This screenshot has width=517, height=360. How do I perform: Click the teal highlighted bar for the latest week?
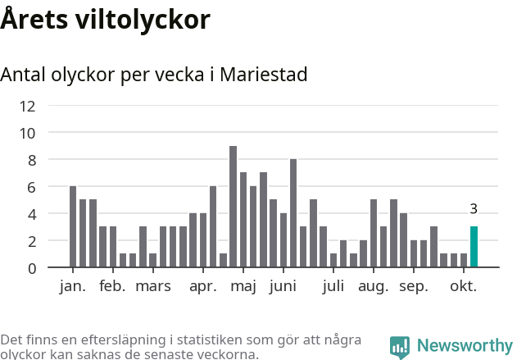(474, 247)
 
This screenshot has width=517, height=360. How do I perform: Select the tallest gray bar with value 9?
(233, 207)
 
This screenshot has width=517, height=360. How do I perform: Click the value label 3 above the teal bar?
(474, 209)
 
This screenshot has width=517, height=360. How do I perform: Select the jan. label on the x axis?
(72, 286)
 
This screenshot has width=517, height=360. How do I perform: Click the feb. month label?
(112, 286)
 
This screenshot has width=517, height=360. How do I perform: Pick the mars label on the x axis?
(153, 286)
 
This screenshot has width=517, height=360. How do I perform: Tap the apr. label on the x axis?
(202, 286)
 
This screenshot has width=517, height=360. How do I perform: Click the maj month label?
(243, 286)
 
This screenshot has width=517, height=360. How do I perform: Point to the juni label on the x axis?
(283, 286)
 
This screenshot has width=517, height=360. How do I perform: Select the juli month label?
(333, 286)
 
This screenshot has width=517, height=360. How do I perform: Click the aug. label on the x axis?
(373, 286)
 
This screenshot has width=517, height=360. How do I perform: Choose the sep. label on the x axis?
(414, 286)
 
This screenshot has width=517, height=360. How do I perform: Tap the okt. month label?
(463, 286)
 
